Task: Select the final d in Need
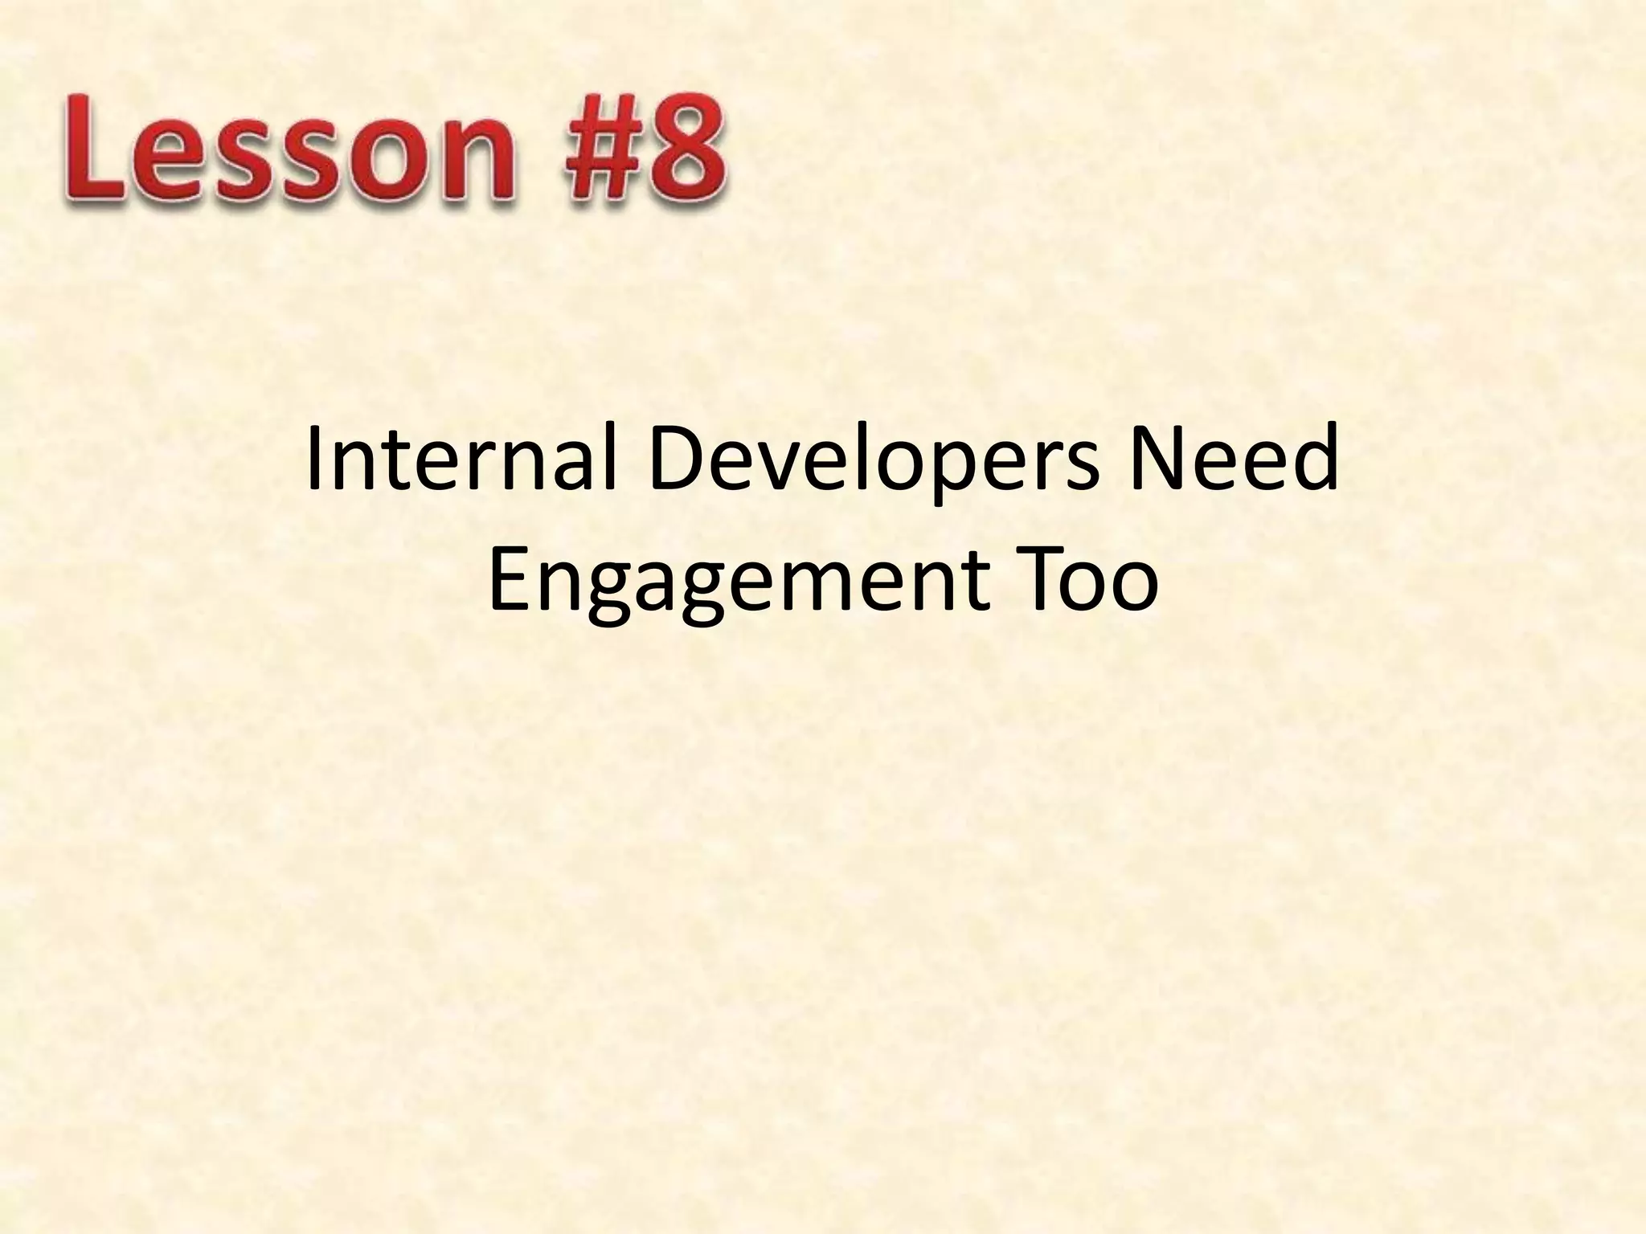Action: tap(1317, 464)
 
